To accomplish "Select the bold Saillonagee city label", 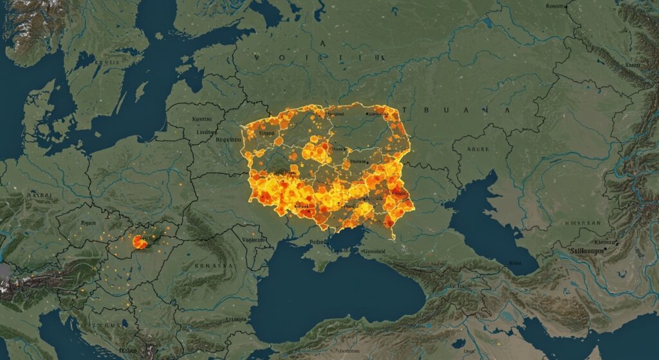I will pos(584,251).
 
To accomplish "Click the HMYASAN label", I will pos(583,223).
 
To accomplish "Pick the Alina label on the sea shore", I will pos(515,263).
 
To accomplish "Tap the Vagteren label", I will pos(254,240).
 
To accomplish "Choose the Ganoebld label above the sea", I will pos(372,252).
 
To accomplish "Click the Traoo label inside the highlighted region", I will pos(266,133).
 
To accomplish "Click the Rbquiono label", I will pos(228,138).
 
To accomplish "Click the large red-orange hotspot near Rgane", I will pos(138,242).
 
